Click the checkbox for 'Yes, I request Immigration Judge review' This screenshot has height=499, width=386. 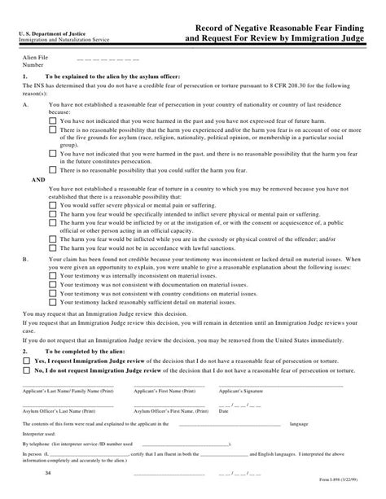pos(29,359)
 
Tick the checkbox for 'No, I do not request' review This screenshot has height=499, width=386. pos(29,369)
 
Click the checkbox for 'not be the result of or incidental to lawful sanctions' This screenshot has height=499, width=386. pos(54,247)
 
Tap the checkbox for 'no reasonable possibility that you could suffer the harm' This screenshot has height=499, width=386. pos(54,169)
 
